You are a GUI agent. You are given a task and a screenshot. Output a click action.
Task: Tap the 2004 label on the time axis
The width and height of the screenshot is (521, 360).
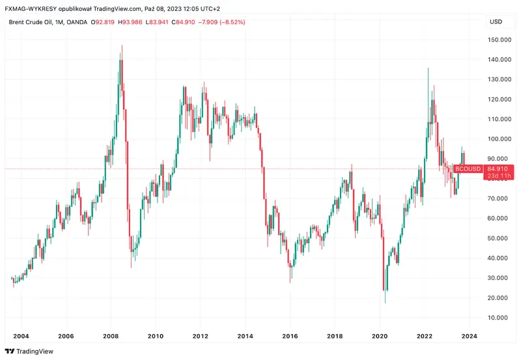pyautogui.click(x=21, y=336)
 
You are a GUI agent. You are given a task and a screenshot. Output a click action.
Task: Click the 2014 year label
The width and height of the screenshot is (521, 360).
pyautogui.click(x=245, y=336)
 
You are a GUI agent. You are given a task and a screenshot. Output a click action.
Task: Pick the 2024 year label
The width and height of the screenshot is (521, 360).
pyautogui.click(x=470, y=336)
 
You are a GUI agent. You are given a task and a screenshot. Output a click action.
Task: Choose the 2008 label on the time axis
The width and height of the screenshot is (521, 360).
pyautogui.click(x=110, y=336)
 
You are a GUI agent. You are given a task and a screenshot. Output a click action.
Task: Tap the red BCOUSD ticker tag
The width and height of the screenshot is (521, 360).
pyautogui.click(x=468, y=169)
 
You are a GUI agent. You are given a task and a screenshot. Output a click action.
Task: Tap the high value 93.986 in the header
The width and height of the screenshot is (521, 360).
pyautogui.click(x=140, y=22)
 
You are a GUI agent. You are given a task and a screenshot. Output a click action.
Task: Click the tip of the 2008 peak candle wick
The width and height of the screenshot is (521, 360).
pyautogui.click(x=122, y=45)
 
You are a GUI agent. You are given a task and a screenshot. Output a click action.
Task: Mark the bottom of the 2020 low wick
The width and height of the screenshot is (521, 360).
pyautogui.click(x=385, y=303)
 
